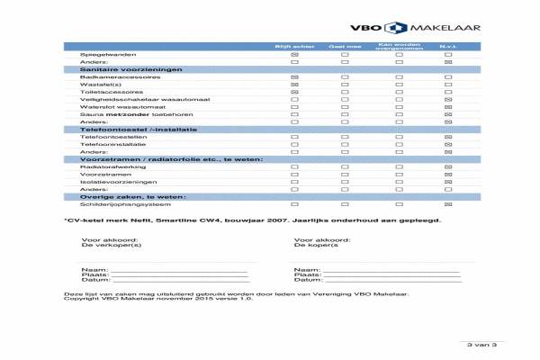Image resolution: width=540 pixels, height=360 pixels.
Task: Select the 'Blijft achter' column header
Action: point(293,45)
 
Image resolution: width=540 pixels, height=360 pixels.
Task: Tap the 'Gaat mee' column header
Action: point(345,45)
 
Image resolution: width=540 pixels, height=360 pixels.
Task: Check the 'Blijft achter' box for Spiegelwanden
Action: point(293,54)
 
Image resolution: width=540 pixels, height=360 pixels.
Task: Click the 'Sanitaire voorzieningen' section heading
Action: point(131,69)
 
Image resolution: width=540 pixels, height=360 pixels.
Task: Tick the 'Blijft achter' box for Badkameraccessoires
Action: point(293,76)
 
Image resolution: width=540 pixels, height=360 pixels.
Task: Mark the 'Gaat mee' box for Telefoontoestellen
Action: point(345,137)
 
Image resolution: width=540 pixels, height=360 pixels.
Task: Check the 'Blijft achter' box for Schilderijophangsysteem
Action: point(293,204)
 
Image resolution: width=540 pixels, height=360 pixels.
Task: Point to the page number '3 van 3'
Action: point(476,345)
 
